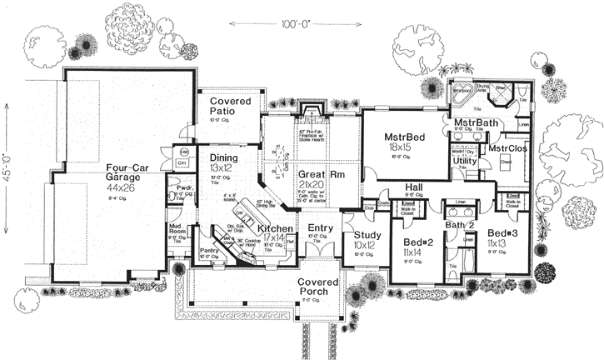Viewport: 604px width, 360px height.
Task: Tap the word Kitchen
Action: point(274,227)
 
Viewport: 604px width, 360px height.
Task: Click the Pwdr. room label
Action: point(185,188)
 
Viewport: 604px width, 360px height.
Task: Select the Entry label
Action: point(321,227)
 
